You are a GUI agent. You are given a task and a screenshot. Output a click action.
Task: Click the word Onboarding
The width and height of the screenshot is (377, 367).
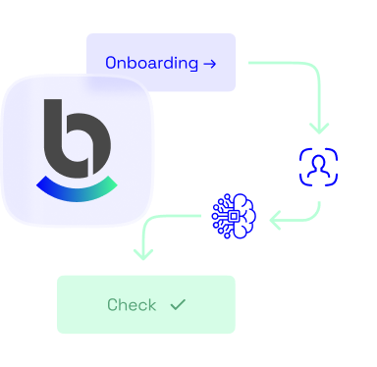coord(150,63)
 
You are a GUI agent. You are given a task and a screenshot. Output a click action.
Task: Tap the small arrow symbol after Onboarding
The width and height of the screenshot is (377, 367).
coord(208,63)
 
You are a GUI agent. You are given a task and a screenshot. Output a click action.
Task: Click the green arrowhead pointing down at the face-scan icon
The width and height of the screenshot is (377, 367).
coord(318,129)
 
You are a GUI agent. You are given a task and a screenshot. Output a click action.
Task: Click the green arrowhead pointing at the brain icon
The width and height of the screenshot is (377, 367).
coord(276,218)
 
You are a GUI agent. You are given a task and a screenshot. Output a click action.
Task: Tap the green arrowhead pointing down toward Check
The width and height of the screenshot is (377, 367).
coord(143,254)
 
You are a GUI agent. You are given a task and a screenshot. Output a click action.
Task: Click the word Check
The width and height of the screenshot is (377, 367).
coord(132,305)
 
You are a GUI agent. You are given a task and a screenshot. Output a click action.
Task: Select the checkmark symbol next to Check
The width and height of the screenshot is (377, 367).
coord(178,305)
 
